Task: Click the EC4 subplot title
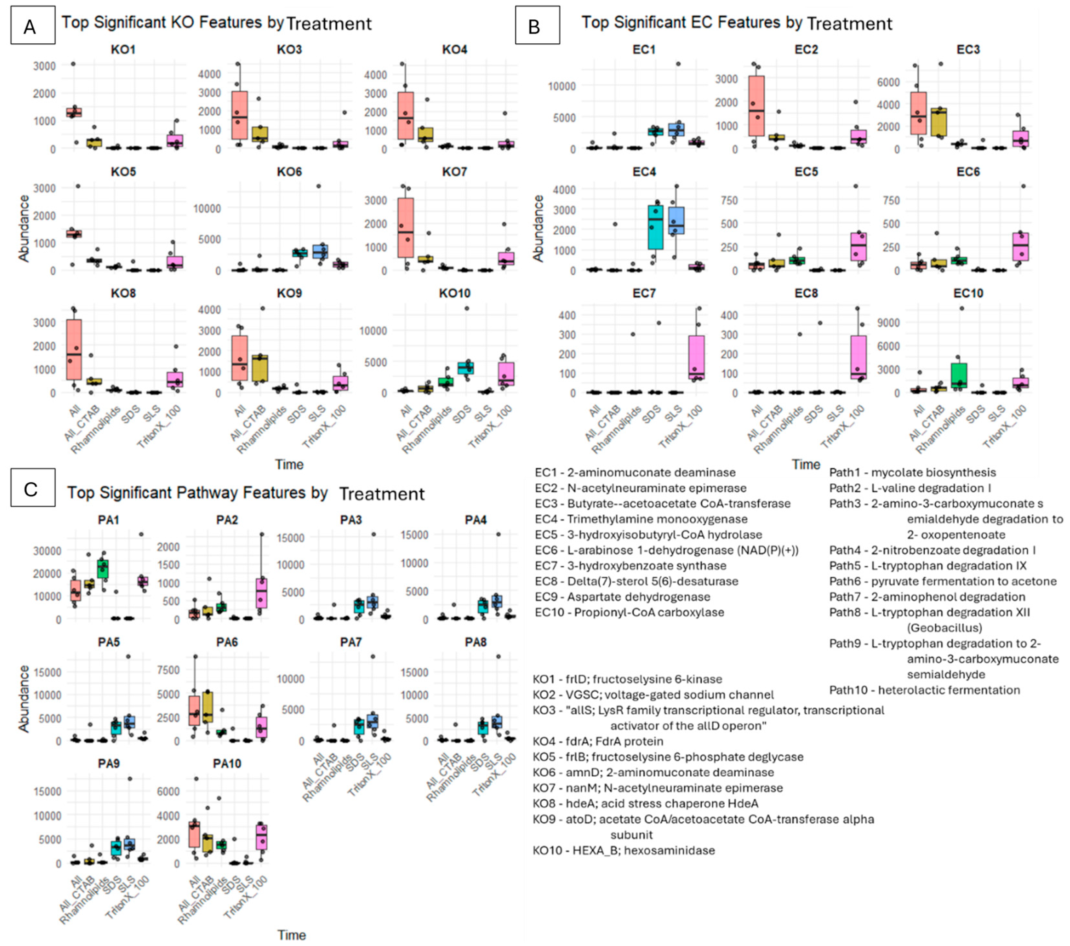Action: tap(644, 172)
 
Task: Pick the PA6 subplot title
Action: tap(227, 642)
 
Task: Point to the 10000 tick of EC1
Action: tap(561, 86)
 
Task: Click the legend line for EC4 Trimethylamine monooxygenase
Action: tap(641, 519)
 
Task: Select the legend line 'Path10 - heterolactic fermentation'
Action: tap(924, 690)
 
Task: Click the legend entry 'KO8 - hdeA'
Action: tap(645, 803)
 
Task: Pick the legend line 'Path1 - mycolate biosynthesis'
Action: tap(912, 472)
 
